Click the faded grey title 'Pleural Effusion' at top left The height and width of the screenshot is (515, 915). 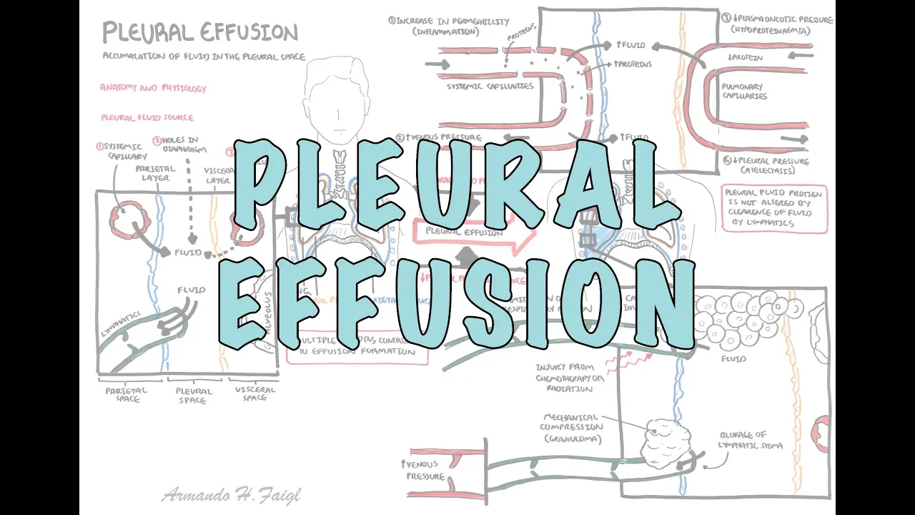click(x=199, y=33)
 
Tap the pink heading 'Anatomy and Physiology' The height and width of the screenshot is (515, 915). click(x=153, y=89)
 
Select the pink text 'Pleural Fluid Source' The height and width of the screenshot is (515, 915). click(x=147, y=117)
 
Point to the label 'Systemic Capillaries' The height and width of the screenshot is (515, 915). click(x=490, y=87)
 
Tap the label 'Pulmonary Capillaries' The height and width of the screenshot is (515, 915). click(x=744, y=91)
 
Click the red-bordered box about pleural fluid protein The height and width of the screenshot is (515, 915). click(x=773, y=208)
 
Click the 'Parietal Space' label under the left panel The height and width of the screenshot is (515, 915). click(x=127, y=394)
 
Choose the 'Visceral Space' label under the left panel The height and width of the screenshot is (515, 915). click(x=254, y=394)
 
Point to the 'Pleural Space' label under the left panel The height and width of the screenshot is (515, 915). click(x=194, y=396)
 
